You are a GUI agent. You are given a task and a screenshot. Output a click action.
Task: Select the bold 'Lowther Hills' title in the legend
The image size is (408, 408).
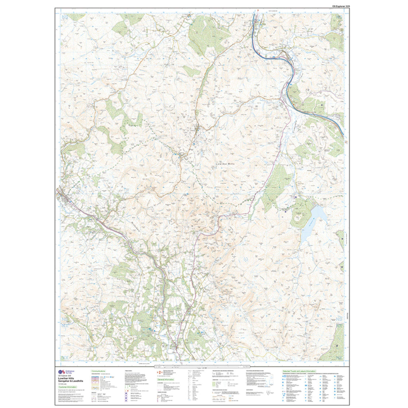(65, 378)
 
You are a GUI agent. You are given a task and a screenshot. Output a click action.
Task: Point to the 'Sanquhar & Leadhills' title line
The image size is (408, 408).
(69, 381)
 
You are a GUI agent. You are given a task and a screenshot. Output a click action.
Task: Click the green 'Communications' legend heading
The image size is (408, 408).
(98, 371)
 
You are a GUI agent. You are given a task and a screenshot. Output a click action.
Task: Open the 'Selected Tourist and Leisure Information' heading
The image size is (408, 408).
(299, 371)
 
